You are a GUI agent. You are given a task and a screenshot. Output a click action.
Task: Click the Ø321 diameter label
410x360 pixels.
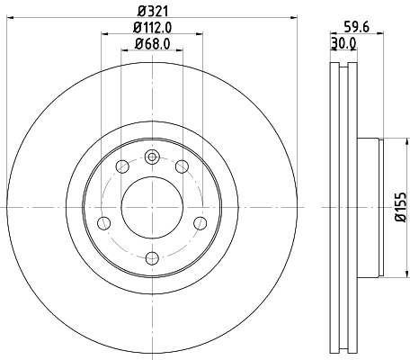(x=152, y=11)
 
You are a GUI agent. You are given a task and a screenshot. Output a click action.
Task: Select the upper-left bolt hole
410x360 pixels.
(x=121, y=166)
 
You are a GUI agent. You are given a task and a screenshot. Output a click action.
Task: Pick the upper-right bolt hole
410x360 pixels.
(x=182, y=166)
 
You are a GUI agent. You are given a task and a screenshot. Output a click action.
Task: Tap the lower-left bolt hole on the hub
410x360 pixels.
(x=103, y=222)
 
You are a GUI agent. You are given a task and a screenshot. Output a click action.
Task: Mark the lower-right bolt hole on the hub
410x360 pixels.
(x=200, y=222)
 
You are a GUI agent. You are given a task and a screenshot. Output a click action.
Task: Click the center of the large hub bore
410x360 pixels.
(x=151, y=206)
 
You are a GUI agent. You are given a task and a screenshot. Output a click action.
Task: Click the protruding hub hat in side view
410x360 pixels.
(x=370, y=206)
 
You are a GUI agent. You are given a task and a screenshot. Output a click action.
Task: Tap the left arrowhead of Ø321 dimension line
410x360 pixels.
(x=9, y=18)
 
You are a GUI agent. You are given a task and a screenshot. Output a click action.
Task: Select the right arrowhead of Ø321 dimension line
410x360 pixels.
(x=294, y=18)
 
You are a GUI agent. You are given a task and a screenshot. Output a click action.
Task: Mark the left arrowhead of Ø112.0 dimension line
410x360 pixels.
(x=104, y=34)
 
